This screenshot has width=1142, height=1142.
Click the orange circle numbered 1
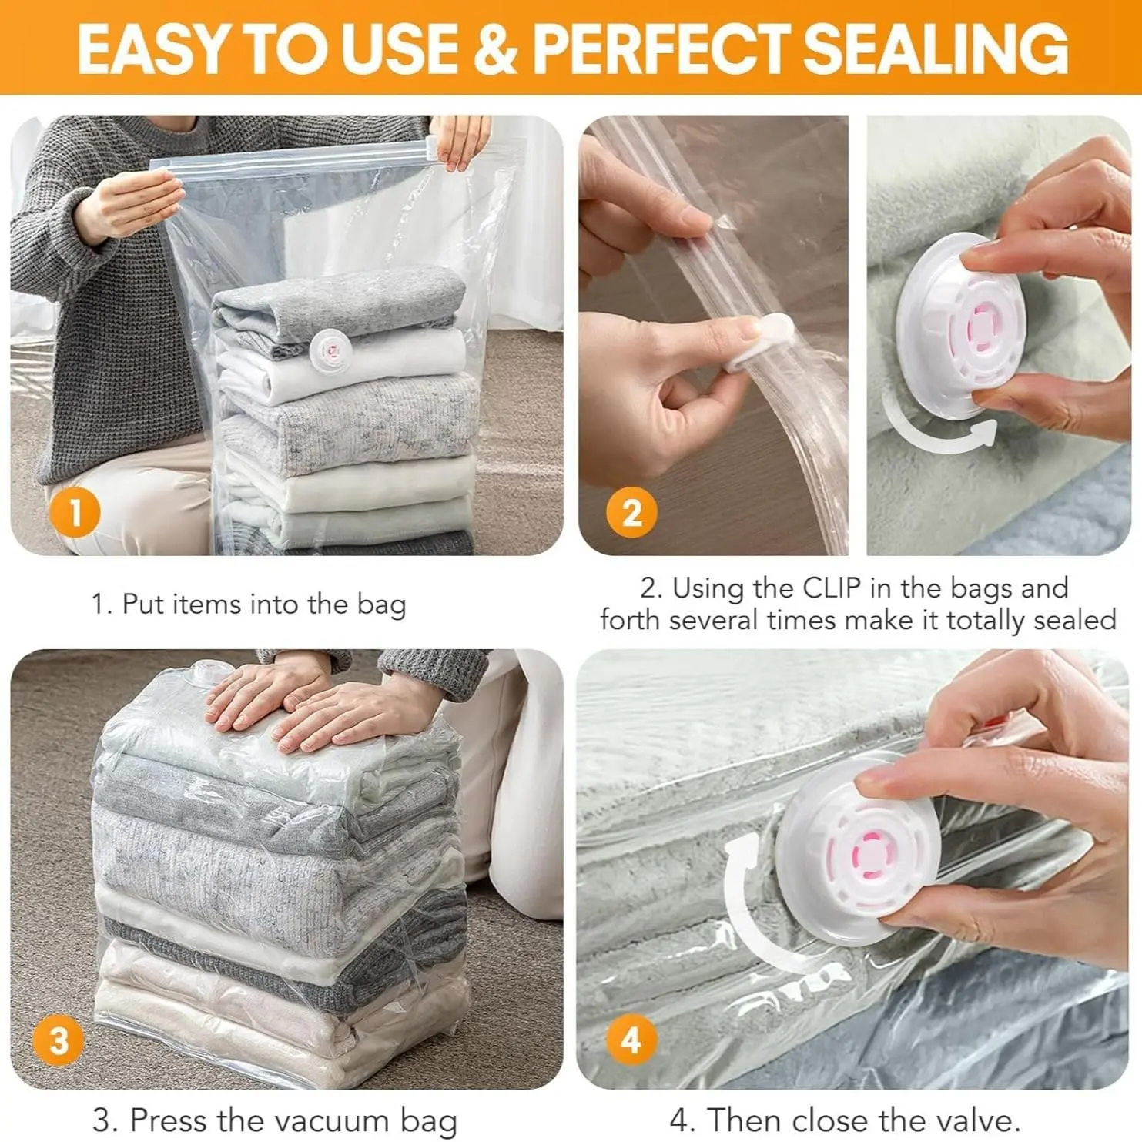pyautogui.click(x=75, y=512)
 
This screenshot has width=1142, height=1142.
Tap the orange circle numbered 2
pyautogui.click(x=631, y=512)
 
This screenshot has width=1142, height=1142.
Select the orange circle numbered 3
pyautogui.click(x=59, y=1040)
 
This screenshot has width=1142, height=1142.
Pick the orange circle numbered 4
pyautogui.click(x=631, y=1040)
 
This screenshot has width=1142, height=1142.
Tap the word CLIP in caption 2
pyautogui.click(x=832, y=588)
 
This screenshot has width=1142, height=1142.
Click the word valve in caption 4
pyautogui.click(x=977, y=1119)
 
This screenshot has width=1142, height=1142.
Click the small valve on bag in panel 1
pyautogui.click(x=330, y=349)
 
